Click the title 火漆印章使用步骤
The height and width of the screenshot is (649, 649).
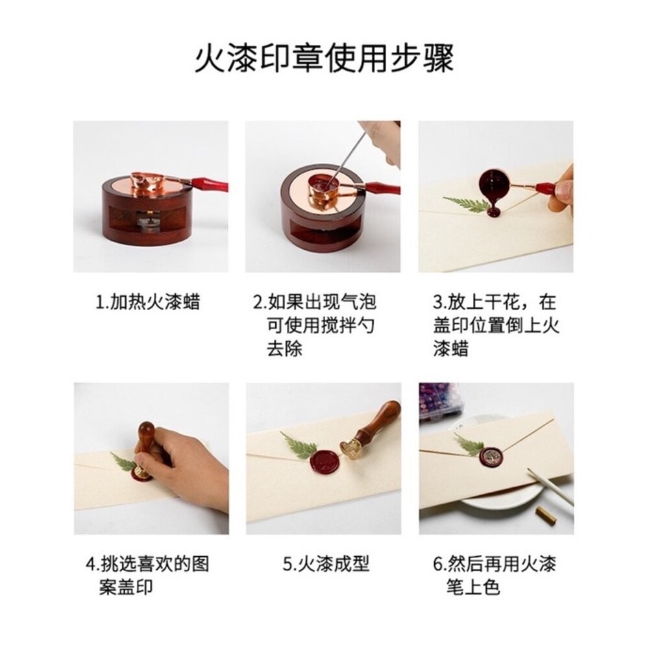pyautogui.click(x=324, y=58)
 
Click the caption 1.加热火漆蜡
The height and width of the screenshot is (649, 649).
pyautogui.click(x=147, y=302)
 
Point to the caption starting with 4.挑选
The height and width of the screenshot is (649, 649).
pyautogui.click(x=148, y=575)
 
